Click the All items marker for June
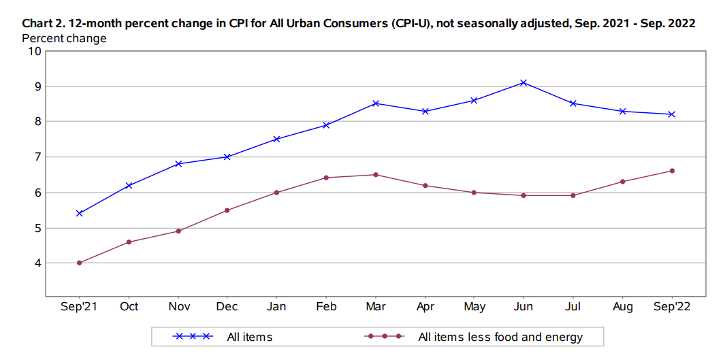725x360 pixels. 523,82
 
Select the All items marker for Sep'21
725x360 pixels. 80,213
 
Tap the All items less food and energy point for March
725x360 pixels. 376,175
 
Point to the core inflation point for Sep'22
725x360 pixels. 672,171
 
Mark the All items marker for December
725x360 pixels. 227,157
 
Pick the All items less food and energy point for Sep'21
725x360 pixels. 80,263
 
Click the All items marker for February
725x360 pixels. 326,125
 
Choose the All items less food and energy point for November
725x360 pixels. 178,231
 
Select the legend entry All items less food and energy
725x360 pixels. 500,337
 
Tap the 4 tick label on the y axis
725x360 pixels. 38,263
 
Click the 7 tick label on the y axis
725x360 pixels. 38,157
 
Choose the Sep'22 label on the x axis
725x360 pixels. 672,307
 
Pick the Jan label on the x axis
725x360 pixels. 277,307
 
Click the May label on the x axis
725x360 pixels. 474,307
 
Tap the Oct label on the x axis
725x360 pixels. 129,307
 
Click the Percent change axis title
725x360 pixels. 64,38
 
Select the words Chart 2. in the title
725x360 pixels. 45,23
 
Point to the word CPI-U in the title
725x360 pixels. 412,23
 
